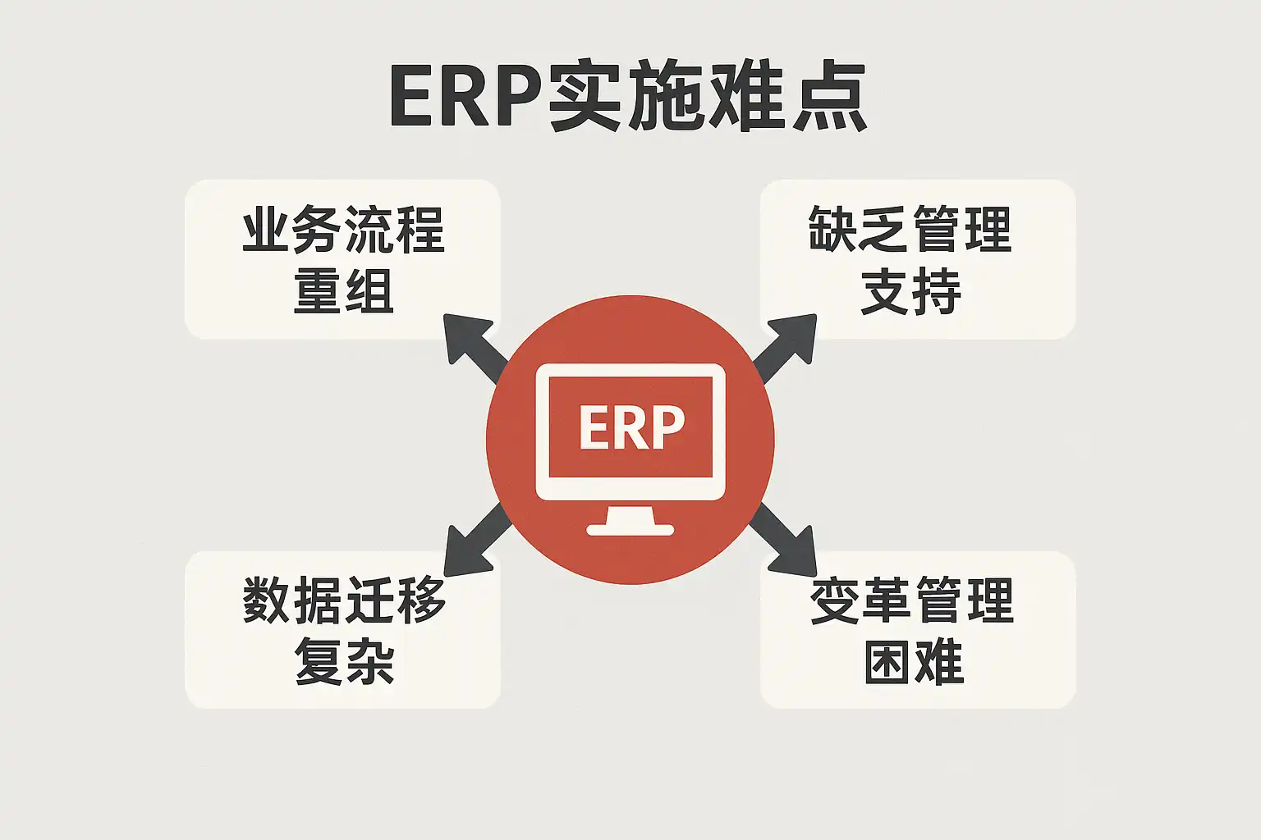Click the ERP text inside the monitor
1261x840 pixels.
pos(630,427)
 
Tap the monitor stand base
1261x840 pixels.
pos(630,529)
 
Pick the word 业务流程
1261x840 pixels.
pos(343,230)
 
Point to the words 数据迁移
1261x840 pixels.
pos(344,600)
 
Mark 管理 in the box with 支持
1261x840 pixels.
pos(961,230)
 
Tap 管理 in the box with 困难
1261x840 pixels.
pos(963,600)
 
